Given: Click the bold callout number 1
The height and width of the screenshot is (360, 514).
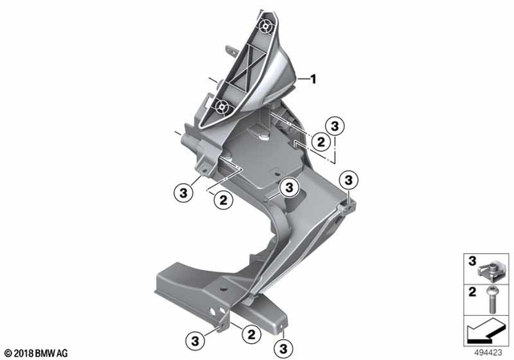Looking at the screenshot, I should click(x=314, y=79).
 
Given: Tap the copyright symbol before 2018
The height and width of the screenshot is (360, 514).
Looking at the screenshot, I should click(x=8, y=353).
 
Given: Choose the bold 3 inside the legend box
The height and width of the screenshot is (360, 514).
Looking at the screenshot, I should click(x=472, y=259).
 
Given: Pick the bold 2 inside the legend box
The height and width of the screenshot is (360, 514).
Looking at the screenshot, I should click(x=472, y=290).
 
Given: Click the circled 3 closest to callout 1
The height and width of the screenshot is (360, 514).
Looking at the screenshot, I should click(x=336, y=125).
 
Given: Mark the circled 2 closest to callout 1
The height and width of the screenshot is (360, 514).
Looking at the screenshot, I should click(x=320, y=141).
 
